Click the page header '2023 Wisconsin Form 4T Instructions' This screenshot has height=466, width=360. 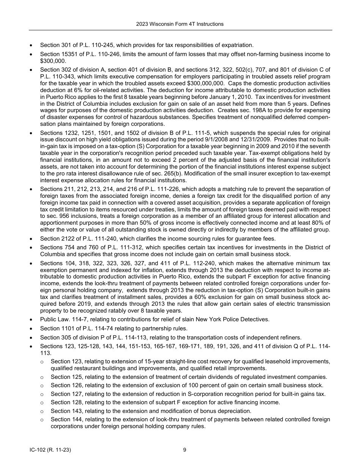point(180,24)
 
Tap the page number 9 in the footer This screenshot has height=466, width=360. point(185,450)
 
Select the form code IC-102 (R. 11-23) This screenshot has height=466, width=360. point(50,450)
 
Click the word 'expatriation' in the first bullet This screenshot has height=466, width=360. point(236,45)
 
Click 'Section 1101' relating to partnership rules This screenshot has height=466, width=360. point(57,328)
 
